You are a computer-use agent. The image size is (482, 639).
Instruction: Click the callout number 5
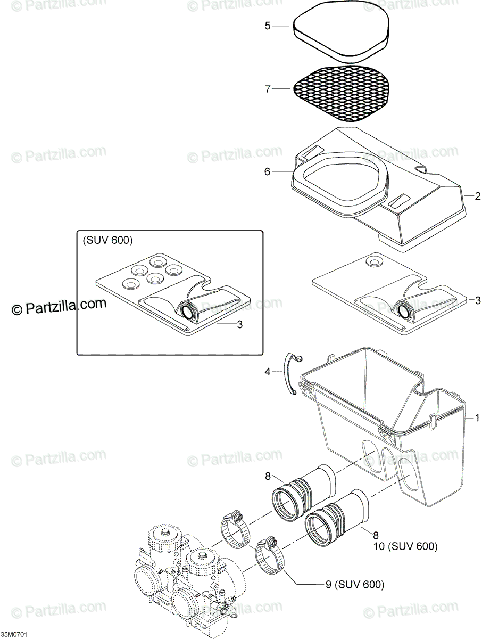268,25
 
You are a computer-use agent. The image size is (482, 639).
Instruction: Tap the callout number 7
268,89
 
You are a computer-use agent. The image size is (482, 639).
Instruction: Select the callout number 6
268,171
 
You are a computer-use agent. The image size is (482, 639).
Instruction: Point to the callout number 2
478,195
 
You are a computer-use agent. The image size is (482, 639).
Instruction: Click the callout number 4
268,372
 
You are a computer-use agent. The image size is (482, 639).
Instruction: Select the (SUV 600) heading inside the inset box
107,241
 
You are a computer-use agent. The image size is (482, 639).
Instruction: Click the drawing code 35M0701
14,635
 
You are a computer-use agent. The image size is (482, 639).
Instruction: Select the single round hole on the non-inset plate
375,262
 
